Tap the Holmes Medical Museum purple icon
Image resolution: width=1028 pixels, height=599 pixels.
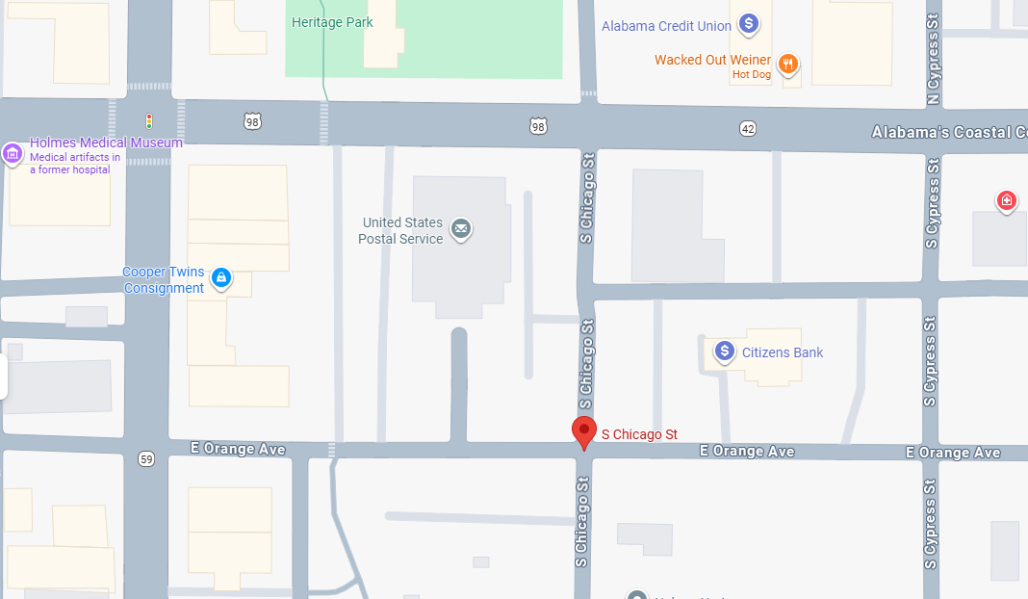pyautogui.click(x=13, y=153)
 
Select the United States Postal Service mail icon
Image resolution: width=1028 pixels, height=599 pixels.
pyautogui.click(x=461, y=229)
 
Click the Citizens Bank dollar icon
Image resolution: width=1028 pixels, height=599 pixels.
pyautogui.click(x=725, y=352)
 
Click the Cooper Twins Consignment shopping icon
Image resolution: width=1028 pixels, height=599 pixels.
pyautogui.click(x=221, y=278)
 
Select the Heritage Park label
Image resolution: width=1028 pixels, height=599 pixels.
pyautogui.click(x=332, y=22)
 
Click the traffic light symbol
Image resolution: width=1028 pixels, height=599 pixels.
pyautogui.click(x=149, y=121)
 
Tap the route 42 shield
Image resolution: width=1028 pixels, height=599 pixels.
pyautogui.click(x=748, y=128)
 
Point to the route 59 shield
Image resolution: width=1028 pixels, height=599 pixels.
pyautogui.click(x=145, y=459)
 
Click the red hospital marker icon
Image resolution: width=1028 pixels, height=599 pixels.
pyautogui.click(x=1006, y=200)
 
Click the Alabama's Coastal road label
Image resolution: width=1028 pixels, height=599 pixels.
pyautogui.click(x=948, y=133)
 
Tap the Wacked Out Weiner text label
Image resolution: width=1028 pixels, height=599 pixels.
pyautogui.click(x=712, y=60)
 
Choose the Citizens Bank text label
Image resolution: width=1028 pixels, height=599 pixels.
pyautogui.click(x=783, y=352)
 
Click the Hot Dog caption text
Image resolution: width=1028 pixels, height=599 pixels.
pyautogui.click(x=751, y=75)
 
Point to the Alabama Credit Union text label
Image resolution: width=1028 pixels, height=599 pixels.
pyautogui.click(x=666, y=26)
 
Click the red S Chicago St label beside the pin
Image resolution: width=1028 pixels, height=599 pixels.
pyautogui.click(x=639, y=434)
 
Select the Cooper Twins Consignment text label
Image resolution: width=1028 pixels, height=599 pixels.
pyautogui.click(x=164, y=280)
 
